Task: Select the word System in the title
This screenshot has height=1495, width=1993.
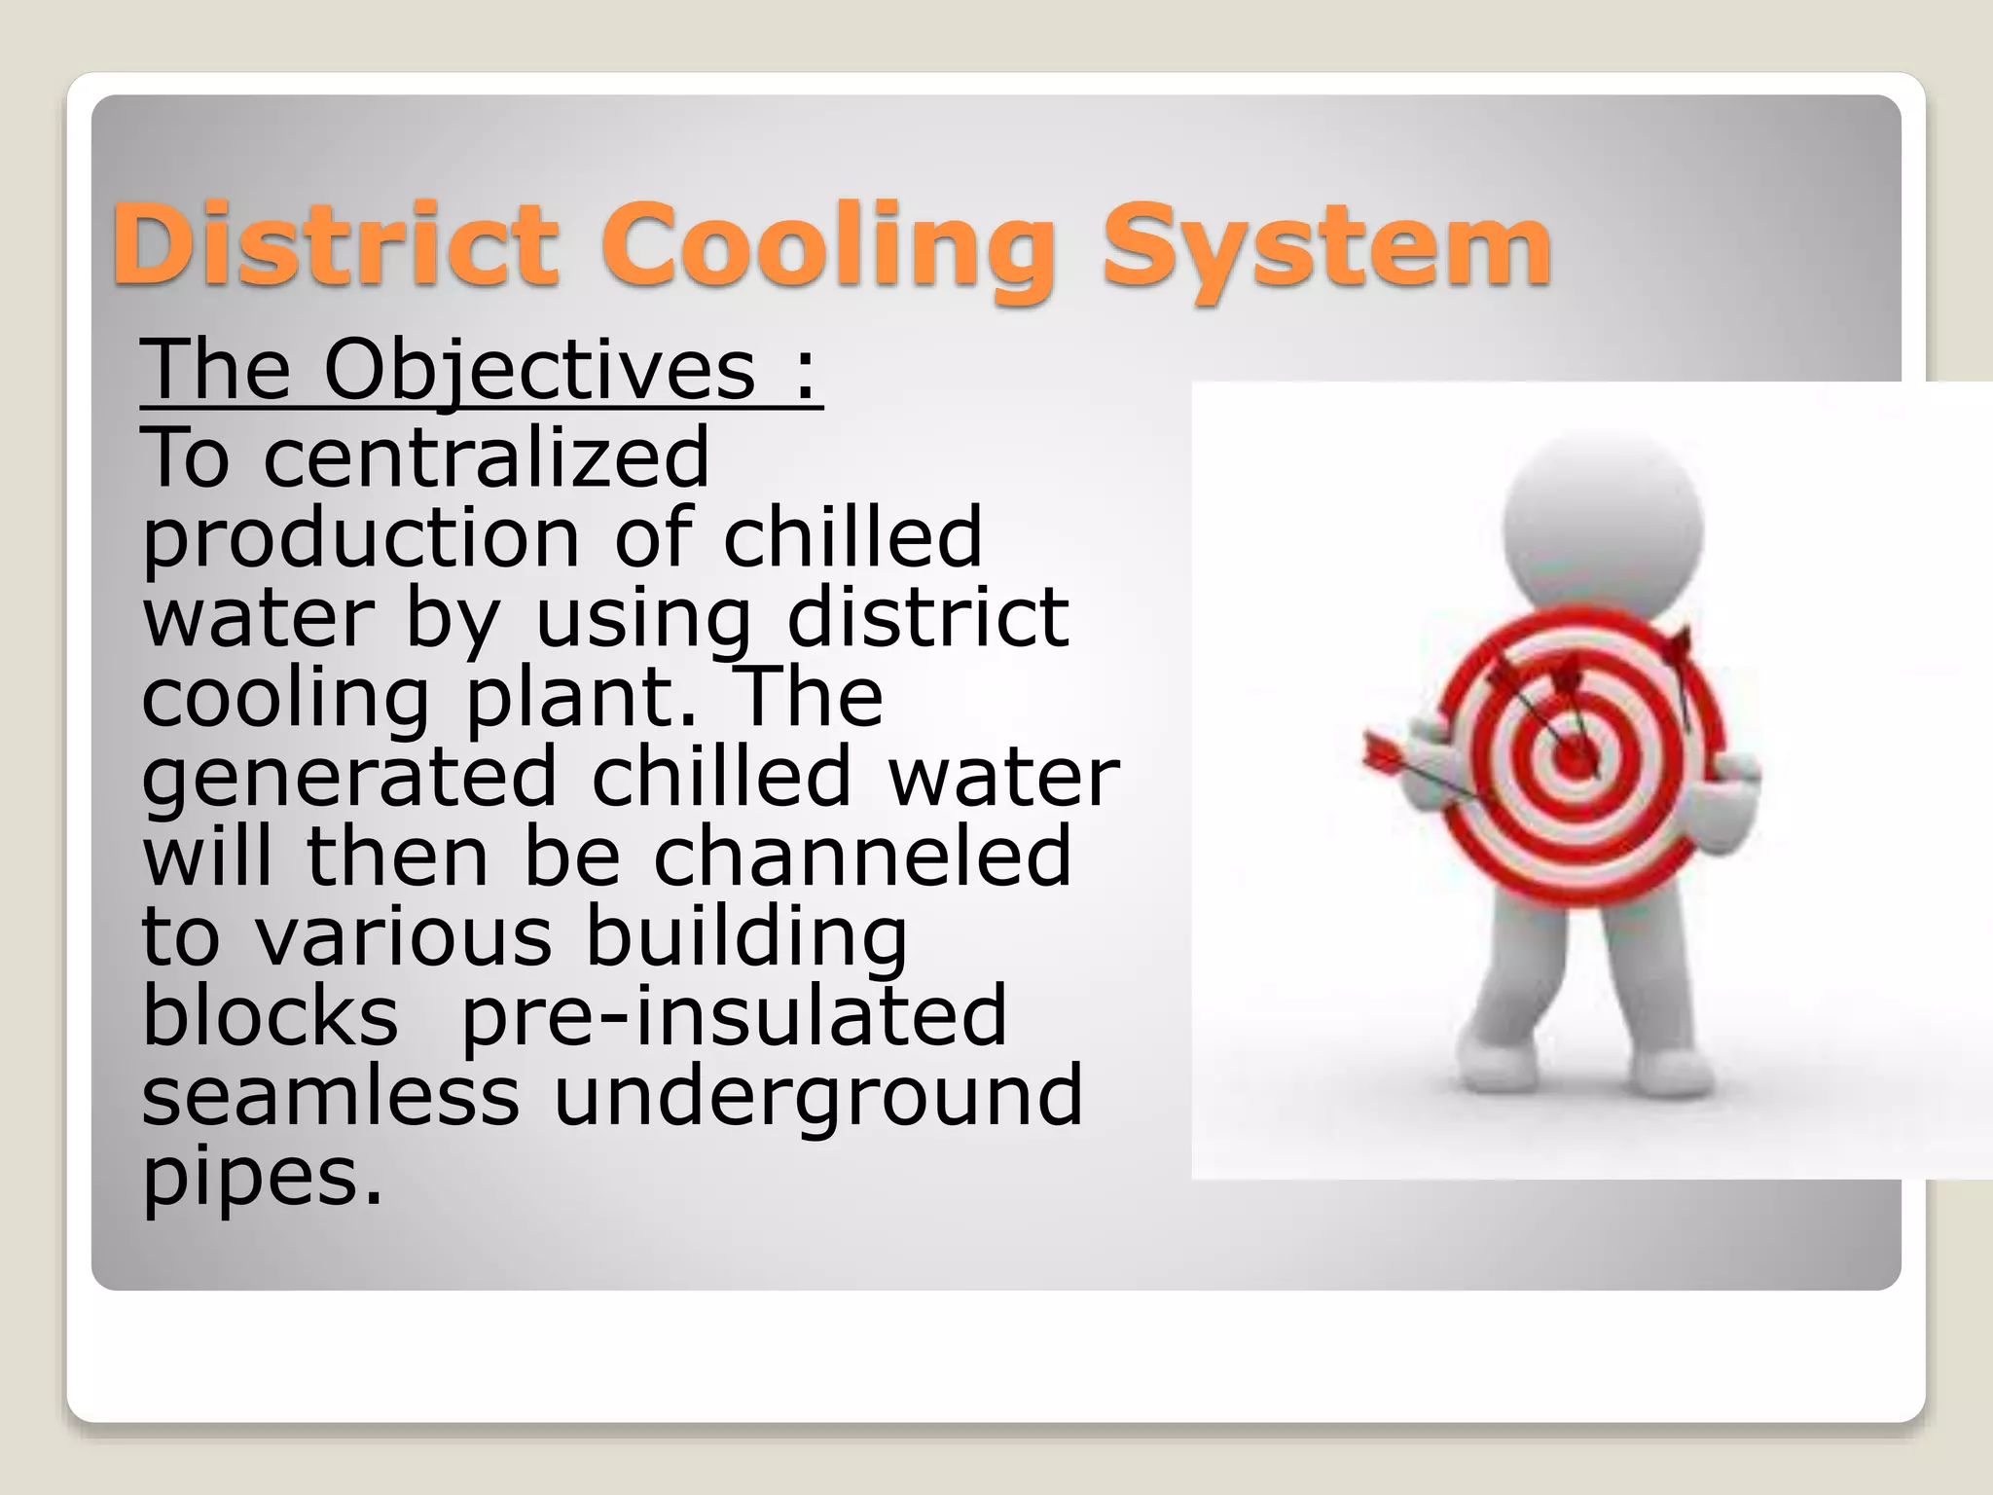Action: [x=1325, y=248]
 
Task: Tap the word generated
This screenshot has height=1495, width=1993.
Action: [x=349, y=780]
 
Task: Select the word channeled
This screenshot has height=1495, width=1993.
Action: [x=862, y=857]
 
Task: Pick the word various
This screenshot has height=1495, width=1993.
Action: [x=404, y=936]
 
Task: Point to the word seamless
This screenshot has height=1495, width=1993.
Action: [x=331, y=1096]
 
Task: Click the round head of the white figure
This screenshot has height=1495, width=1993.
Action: [x=1603, y=530]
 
